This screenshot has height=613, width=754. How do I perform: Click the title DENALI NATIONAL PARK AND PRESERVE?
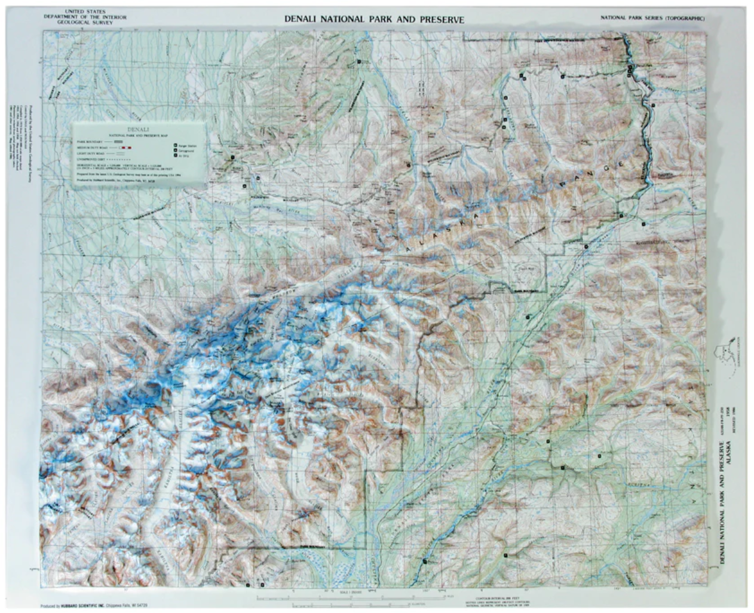pyautogui.click(x=375, y=19)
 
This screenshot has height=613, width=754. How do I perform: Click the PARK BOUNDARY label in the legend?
pyautogui.click(x=87, y=141)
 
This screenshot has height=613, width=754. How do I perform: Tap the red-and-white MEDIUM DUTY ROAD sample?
pyautogui.click(x=125, y=147)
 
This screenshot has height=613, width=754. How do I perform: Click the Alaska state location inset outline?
pyautogui.click(x=727, y=361)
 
